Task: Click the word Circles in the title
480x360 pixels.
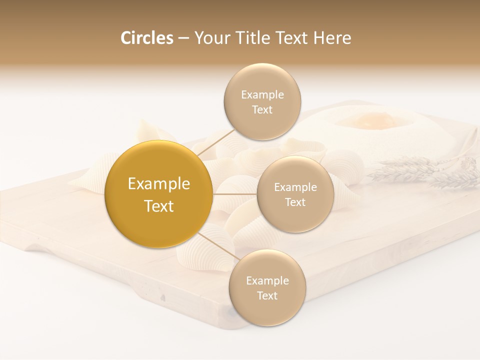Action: point(146,38)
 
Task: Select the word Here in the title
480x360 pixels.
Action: point(332,38)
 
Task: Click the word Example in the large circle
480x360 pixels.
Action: point(159,184)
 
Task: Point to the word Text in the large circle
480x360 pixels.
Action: point(159,206)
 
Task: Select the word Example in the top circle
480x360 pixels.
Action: point(262,95)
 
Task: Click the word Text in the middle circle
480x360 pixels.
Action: point(295,202)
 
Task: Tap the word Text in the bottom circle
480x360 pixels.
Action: point(267,296)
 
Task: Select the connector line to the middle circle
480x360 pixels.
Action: point(235,193)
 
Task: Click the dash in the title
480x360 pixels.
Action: point(183,38)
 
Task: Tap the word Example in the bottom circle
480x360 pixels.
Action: point(267,281)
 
